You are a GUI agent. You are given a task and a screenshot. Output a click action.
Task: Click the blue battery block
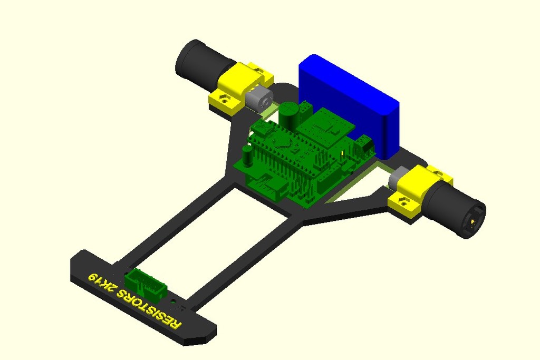[348, 103]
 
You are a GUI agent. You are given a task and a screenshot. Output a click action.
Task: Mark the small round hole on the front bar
[175, 301]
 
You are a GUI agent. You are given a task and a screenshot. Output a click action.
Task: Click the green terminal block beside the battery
[364, 148]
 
